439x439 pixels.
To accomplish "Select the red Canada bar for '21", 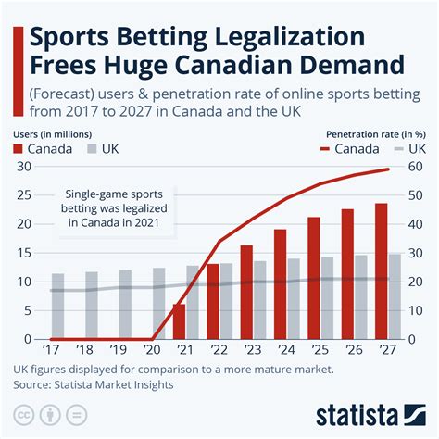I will point(179,320).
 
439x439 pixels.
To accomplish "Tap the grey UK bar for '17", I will point(58,306).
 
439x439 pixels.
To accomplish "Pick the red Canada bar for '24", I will point(280,283).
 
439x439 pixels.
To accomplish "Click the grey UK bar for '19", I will point(125,304).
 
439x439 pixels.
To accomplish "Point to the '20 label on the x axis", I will point(151,349).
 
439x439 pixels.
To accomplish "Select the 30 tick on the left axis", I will point(23,167).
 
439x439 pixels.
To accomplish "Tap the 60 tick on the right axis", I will point(417,167).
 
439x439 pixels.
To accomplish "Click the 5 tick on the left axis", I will point(27,309).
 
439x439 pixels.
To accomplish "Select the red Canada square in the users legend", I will point(19,149).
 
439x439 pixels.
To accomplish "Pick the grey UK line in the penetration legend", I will point(396,149).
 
